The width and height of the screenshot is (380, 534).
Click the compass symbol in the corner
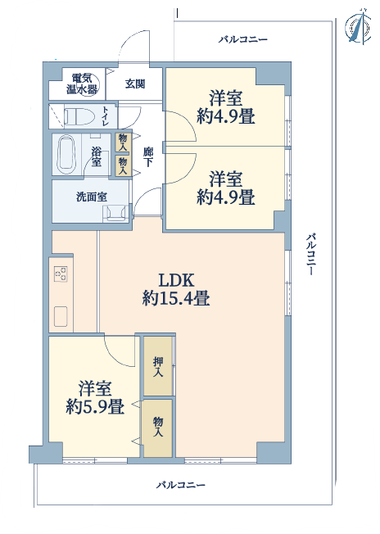pyautogui.click(x=359, y=27)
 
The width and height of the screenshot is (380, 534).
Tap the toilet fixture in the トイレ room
pyautogui.click(x=79, y=117)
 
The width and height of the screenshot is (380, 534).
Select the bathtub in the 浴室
pyautogui.click(x=66, y=154)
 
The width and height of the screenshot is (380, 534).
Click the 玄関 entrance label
pyautogui.click(x=135, y=84)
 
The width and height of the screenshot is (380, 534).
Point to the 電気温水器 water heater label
pyautogui.click(x=82, y=84)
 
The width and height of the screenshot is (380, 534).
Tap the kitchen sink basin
pyautogui.click(x=61, y=317)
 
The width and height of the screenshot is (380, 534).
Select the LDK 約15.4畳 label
pyautogui.click(x=176, y=289)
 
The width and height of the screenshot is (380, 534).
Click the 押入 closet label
pyautogui.click(x=158, y=366)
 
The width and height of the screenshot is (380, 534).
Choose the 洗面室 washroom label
pyautogui.click(x=91, y=197)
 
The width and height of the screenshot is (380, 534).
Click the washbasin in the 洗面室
pyautogui.click(x=115, y=213)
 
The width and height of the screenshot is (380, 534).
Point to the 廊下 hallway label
pyautogui.click(x=147, y=157)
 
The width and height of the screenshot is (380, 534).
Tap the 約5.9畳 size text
pyautogui.click(x=95, y=406)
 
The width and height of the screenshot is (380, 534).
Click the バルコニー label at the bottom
pyautogui.click(x=181, y=485)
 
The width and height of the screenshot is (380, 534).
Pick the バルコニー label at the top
pyautogui.click(x=242, y=39)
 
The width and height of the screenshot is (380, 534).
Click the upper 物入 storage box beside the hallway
pyautogui.click(x=123, y=143)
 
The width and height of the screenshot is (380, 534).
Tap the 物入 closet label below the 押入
pyautogui.click(x=158, y=427)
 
